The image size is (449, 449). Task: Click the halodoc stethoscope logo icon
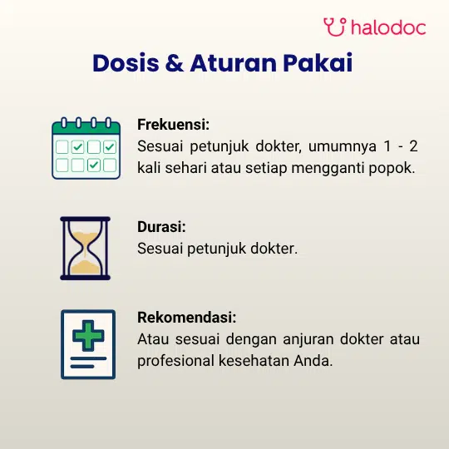pyautogui.click(x=335, y=27)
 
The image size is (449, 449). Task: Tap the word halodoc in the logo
pyautogui.click(x=388, y=27)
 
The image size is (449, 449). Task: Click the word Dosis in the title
pyautogui.click(x=126, y=62)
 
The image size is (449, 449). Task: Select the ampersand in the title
pyautogui.click(x=175, y=62)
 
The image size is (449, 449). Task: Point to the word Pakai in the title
pyautogui.click(x=318, y=62)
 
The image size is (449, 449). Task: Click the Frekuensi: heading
pyautogui.click(x=173, y=125)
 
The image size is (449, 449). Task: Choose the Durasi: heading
pyautogui.click(x=161, y=227)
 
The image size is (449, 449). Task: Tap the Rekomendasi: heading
pyautogui.click(x=187, y=318)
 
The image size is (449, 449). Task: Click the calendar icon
pyautogui.click(x=86, y=148)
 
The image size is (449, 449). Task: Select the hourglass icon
pyautogui.click(x=86, y=249)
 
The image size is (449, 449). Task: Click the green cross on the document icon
pyautogui.click(x=88, y=336)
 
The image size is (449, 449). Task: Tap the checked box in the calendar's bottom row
pyautogui.click(x=94, y=165)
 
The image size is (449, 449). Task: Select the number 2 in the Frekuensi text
pyautogui.click(x=413, y=146)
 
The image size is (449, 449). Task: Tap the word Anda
pyautogui.click(x=313, y=361)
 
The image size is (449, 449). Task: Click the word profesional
pyautogui.click(x=175, y=362)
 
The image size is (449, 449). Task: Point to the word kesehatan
pyautogui.click(x=254, y=361)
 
